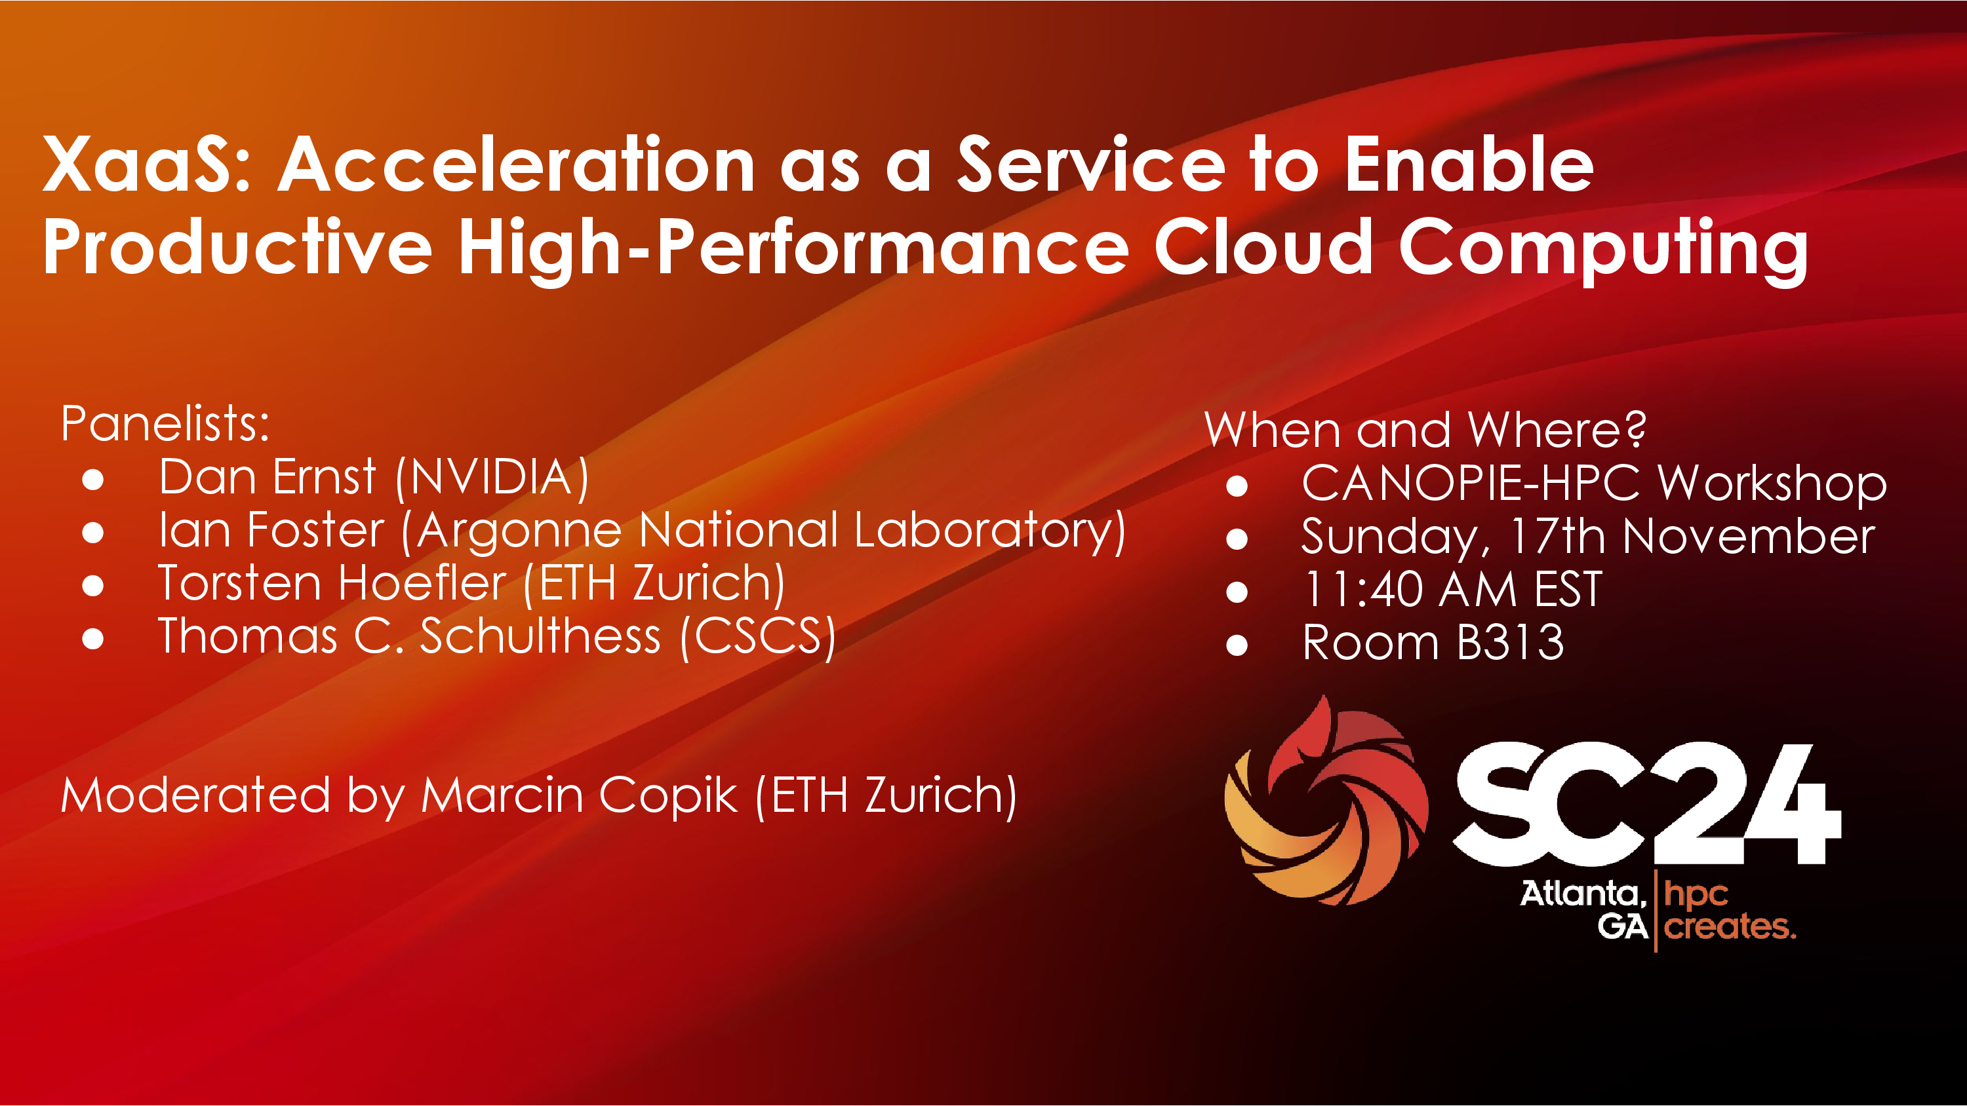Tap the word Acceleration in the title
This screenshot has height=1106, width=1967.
(x=516, y=163)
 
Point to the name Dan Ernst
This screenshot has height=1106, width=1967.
(x=268, y=477)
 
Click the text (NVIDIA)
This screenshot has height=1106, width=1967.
(x=492, y=478)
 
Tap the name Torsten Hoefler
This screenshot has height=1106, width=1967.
(x=332, y=583)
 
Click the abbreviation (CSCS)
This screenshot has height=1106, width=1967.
(x=758, y=638)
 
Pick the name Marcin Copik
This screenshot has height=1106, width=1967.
(x=580, y=795)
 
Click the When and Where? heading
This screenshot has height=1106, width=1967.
(x=1425, y=430)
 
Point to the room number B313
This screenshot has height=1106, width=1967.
(x=1511, y=643)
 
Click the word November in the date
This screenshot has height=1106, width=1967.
(x=1749, y=537)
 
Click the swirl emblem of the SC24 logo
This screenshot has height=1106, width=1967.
(x=1326, y=801)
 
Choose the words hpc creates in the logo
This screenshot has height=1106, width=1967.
(x=1730, y=911)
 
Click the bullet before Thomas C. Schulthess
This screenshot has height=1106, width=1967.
(x=93, y=638)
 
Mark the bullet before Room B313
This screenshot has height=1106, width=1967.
(x=1237, y=645)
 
